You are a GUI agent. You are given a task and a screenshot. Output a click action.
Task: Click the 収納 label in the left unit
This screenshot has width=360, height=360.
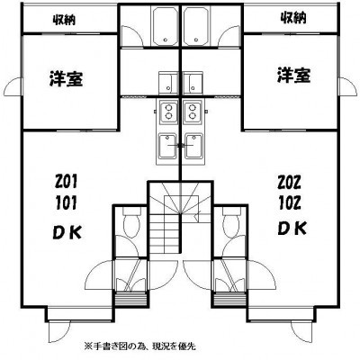coord(65,20)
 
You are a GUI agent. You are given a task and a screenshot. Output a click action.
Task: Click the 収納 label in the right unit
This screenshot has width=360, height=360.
coord(293,18)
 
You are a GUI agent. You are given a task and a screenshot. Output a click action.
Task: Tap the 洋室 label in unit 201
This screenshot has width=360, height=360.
coord(67,78)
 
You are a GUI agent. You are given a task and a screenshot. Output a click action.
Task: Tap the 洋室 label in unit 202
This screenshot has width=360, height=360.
coord(293,75)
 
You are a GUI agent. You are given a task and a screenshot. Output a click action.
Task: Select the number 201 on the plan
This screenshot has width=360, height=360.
coord(66,181)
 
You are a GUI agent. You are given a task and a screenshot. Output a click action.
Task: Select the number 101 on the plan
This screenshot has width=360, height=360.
coord(66,203)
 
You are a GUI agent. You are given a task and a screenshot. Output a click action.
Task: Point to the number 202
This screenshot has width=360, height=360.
coord(289,183)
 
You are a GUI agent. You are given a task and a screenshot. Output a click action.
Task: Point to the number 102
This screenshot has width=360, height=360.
coord(290,203)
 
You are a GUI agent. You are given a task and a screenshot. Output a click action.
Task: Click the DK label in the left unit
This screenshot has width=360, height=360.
coord(67,232)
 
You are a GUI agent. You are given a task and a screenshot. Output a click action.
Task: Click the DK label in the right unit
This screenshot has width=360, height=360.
coord(292,229)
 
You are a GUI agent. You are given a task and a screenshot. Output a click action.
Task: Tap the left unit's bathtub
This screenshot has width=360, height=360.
coord(165,25)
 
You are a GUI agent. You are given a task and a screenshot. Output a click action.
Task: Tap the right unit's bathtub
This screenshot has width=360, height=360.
coord(196,25)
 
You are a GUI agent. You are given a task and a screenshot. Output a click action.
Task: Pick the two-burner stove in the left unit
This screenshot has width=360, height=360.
coord(168,112)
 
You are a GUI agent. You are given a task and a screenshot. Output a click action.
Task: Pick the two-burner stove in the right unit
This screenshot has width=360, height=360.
coord(192,112)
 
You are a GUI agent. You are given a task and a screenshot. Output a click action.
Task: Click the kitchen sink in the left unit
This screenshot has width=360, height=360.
coord(167,147)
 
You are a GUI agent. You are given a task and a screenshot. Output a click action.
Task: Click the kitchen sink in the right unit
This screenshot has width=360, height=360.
coord(194,147)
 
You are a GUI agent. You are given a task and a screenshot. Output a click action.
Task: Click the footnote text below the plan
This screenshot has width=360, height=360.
coord(140,346)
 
